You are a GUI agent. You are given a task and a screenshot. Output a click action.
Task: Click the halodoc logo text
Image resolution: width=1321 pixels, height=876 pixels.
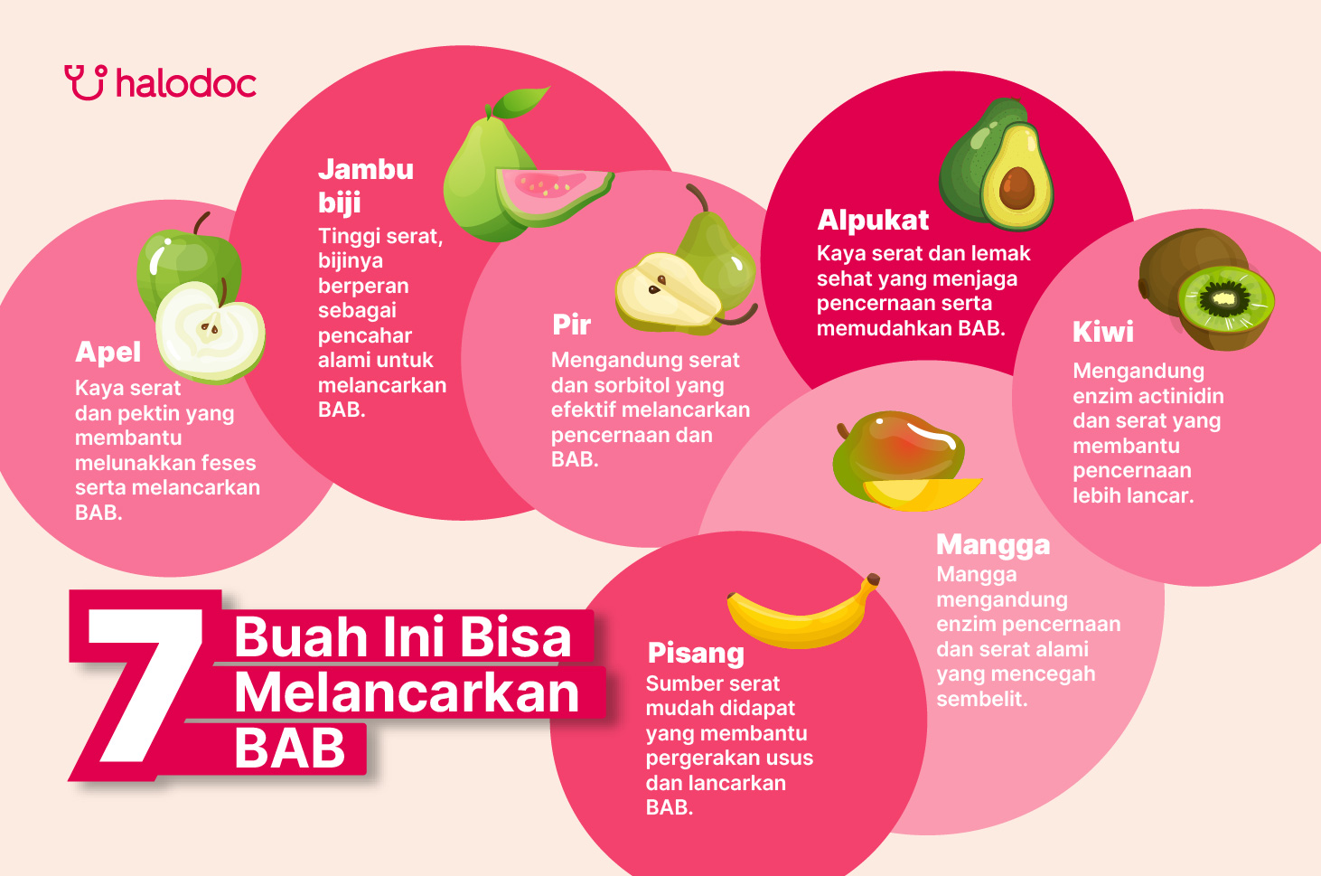pyautogui.click(x=186, y=84)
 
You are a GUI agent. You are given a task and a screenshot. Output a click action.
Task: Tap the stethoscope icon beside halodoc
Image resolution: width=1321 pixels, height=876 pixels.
pyautogui.click(x=86, y=82)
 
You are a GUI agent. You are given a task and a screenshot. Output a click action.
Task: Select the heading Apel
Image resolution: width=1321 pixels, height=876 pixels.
pyautogui.click(x=108, y=352)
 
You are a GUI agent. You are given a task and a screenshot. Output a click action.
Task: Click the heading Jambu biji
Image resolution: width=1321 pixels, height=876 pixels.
pyautogui.click(x=365, y=184)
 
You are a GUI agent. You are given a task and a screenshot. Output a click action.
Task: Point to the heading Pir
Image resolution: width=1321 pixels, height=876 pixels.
pyautogui.click(x=572, y=325)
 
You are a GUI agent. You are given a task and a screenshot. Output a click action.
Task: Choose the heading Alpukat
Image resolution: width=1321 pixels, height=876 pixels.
pyautogui.click(x=873, y=220)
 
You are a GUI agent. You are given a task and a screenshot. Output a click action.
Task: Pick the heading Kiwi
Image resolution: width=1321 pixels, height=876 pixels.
pyautogui.click(x=1102, y=332)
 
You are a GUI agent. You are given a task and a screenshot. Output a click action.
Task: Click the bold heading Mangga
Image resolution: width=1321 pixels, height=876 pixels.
pyautogui.click(x=993, y=544)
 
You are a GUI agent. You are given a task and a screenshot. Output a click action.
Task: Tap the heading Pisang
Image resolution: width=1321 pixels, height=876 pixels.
pyautogui.click(x=696, y=653)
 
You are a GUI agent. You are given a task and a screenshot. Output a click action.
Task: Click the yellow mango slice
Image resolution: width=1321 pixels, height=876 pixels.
pyautogui.click(x=922, y=494)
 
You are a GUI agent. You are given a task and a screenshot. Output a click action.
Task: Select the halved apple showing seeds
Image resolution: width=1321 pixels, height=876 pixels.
pyautogui.click(x=211, y=332)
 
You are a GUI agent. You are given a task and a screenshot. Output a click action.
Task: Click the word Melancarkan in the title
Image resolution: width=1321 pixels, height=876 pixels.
pyautogui.click(x=407, y=693)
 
